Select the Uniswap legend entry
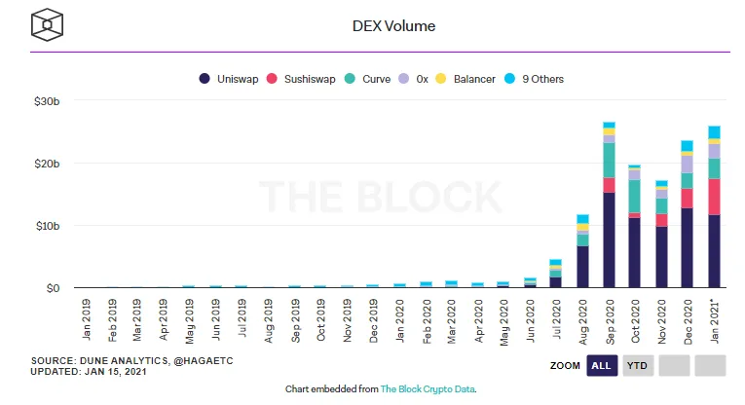(x=230, y=79)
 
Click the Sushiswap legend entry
(x=305, y=79)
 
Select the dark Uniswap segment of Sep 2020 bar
(x=609, y=239)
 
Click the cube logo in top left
(x=47, y=26)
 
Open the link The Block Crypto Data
(x=428, y=388)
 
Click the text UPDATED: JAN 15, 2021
(x=89, y=372)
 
